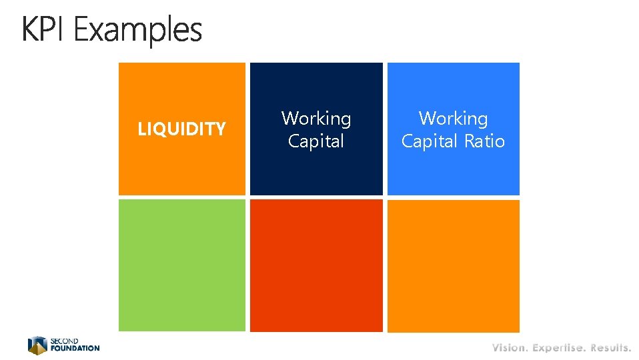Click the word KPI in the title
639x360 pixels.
(x=44, y=31)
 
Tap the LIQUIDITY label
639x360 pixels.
(x=181, y=129)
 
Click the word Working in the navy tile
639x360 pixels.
(x=316, y=119)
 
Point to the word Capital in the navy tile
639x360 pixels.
(x=316, y=141)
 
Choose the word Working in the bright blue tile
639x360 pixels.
(x=453, y=119)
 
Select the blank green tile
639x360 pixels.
(x=182, y=265)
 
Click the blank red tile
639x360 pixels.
(x=316, y=265)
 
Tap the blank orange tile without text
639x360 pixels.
(x=453, y=265)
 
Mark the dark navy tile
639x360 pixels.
(x=316, y=170)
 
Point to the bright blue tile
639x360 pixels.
(x=453, y=170)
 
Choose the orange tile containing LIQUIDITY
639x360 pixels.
(x=182, y=167)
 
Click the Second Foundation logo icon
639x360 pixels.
(x=37, y=345)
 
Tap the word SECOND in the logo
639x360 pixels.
(x=65, y=341)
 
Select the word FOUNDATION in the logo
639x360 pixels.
(x=75, y=348)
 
